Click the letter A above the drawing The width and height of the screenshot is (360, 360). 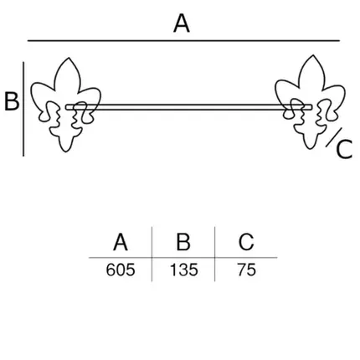(182, 23)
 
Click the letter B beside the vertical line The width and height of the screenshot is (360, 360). (12, 101)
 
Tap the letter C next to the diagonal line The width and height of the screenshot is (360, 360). (344, 149)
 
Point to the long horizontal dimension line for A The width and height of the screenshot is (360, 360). (183, 41)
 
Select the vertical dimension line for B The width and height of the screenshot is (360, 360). (23, 109)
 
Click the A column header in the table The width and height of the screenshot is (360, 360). (121, 242)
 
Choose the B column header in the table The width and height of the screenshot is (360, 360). (183, 242)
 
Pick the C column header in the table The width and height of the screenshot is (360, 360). (246, 242)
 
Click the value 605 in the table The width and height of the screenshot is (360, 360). (121, 270)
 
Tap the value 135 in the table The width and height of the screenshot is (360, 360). (184, 270)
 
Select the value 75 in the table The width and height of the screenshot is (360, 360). (247, 270)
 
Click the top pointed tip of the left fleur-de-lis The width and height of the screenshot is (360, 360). (69, 58)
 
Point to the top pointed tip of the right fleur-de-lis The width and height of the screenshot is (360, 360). (313, 55)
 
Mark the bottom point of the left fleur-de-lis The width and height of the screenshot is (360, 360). (65, 152)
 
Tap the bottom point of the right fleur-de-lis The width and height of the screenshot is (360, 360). (310, 148)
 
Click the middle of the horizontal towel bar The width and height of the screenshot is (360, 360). (189, 107)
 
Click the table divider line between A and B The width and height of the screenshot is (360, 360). (152, 254)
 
